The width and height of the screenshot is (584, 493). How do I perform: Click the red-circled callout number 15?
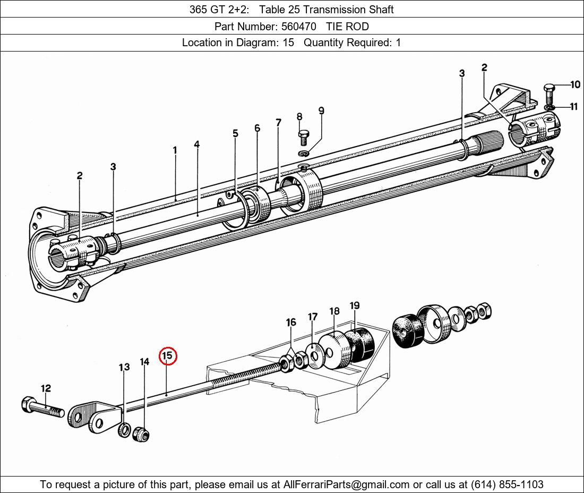(x=168, y=356)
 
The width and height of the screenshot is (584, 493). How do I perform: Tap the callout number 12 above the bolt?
(x=46, y=388)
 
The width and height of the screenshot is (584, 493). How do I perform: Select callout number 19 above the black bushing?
(x=355, y=305)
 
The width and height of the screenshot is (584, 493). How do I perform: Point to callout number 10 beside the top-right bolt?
(x=575, y=84)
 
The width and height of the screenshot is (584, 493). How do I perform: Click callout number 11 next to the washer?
(x=574, y=107)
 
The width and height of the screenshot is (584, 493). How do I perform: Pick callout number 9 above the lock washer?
(x=321, y=110)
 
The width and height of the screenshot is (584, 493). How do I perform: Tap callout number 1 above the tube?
(x=175, y=150)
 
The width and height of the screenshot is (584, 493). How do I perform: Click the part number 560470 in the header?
(x=299, y=27)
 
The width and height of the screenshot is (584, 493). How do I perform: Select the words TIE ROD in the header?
(x=348, y=27)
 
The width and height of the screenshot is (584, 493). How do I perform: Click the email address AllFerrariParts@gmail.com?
(x=346, y=484)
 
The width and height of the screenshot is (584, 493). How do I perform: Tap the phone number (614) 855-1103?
(x=507, y=484)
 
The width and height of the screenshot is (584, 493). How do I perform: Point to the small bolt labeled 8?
(x=303, y=137)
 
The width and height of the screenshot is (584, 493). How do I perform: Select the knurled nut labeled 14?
(x=141, y=433)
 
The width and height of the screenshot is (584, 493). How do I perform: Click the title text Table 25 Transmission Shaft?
(x=327, y=10)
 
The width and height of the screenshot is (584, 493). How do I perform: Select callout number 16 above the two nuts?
(x=291, y=322)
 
